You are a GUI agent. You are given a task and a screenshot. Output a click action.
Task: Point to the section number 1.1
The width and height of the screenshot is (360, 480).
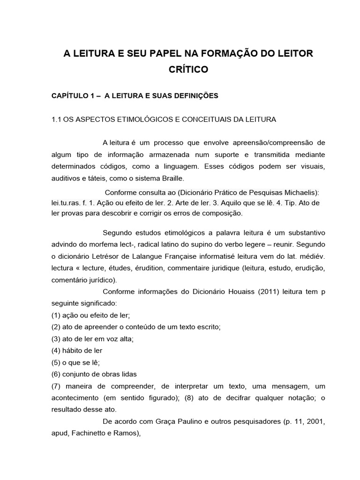pyautogui.click(x=57, y=120)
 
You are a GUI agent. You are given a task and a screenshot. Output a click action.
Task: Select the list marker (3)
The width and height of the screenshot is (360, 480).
pyautogui.click(x=57, y=338)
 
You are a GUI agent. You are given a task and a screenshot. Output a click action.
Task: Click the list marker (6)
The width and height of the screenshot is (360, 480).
pyautogui.click(x=57, y=374)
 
